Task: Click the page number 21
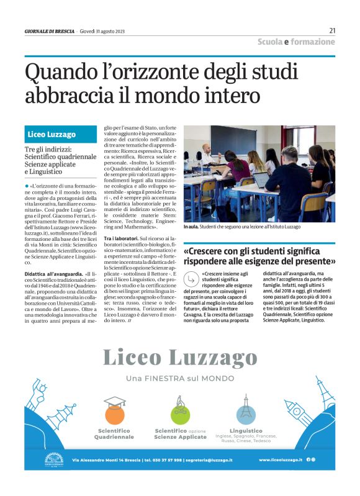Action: point(332,30)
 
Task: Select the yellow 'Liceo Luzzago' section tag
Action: point(52,134)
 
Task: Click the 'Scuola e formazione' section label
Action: point(296,42)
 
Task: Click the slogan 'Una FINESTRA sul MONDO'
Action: point(180,379)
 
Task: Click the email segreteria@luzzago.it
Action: point(210,460)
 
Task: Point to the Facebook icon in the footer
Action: point(308,459)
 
